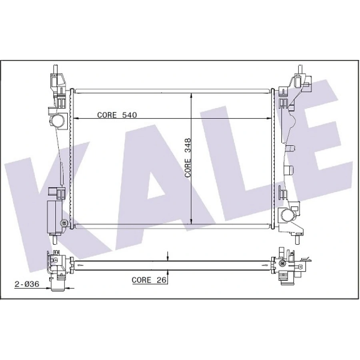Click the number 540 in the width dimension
130,115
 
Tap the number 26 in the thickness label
162,280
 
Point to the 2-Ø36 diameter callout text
26,284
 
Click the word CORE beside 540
107,115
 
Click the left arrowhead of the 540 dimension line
74,118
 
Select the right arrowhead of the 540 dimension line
269,118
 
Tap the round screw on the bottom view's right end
282,263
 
